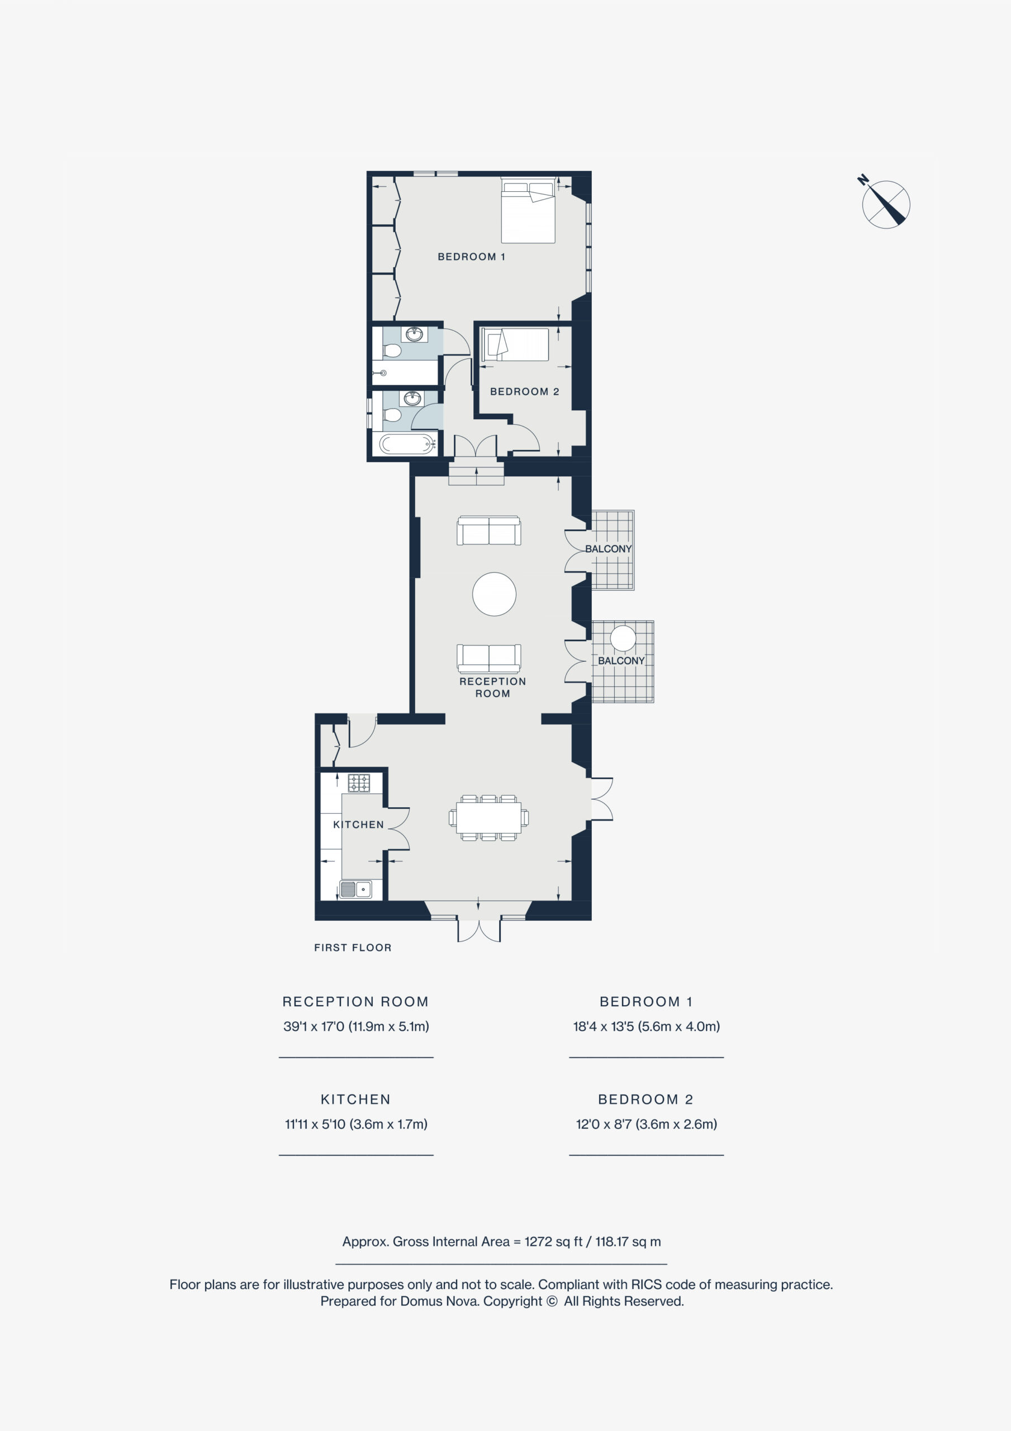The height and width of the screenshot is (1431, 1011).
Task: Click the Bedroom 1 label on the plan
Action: pyautogui.click(x=471, y=257)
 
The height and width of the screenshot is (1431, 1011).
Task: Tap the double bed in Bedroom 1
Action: pyautogui.click(x=528, y=211)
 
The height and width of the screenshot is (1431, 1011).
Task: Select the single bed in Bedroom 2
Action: pyautogui.click(x=515, y=345)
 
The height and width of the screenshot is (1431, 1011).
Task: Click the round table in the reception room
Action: pyautogui.click(x=494, y=594)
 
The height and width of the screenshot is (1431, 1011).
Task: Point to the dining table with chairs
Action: pyautogui.click(x=488, y=818)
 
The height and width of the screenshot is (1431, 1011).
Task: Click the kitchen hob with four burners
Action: pyautogui.click(x=359, y=783)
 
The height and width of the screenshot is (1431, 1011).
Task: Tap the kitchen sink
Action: pyautogui.click(x=355, y=889)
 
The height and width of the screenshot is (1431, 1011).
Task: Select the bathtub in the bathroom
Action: pyautogui.click(x=406, y=444)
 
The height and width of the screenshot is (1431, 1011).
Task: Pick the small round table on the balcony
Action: pyautogui.click(x=623, y=638)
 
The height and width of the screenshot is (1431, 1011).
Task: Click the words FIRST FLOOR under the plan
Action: pyautogui.click(x=353, y=947)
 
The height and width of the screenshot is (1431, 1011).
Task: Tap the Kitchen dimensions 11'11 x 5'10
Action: pyautogui.click(x=356, y=1124)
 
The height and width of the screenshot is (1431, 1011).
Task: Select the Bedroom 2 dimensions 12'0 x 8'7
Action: pyautogui.click(x=647, y=1124)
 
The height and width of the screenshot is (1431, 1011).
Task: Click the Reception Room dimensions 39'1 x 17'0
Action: pyautogui.click(x=356, y=1026)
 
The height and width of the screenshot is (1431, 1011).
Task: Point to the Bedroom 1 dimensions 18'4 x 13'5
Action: pyautogui.click(x=647, y=1026)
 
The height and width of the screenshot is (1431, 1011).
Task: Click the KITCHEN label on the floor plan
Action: pyautogui.click(x=358, y=825)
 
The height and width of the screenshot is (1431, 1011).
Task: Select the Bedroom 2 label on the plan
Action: pyautogui.click(x=524, y=391)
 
